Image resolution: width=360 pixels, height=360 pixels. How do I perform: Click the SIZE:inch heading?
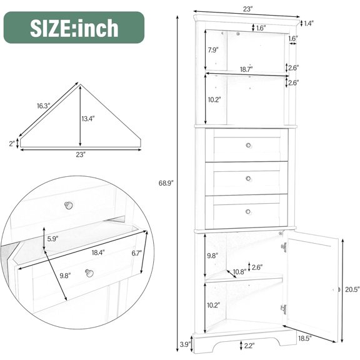(x=74, y=29)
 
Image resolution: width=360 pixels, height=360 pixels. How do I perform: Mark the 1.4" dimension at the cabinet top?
(x=307, y=23)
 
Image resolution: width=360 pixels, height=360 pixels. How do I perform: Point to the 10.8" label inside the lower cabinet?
(x=238, y=272)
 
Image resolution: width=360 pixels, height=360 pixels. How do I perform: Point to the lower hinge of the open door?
(x=284, y=308)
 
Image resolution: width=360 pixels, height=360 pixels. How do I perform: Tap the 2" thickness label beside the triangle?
(x=12, y=143)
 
